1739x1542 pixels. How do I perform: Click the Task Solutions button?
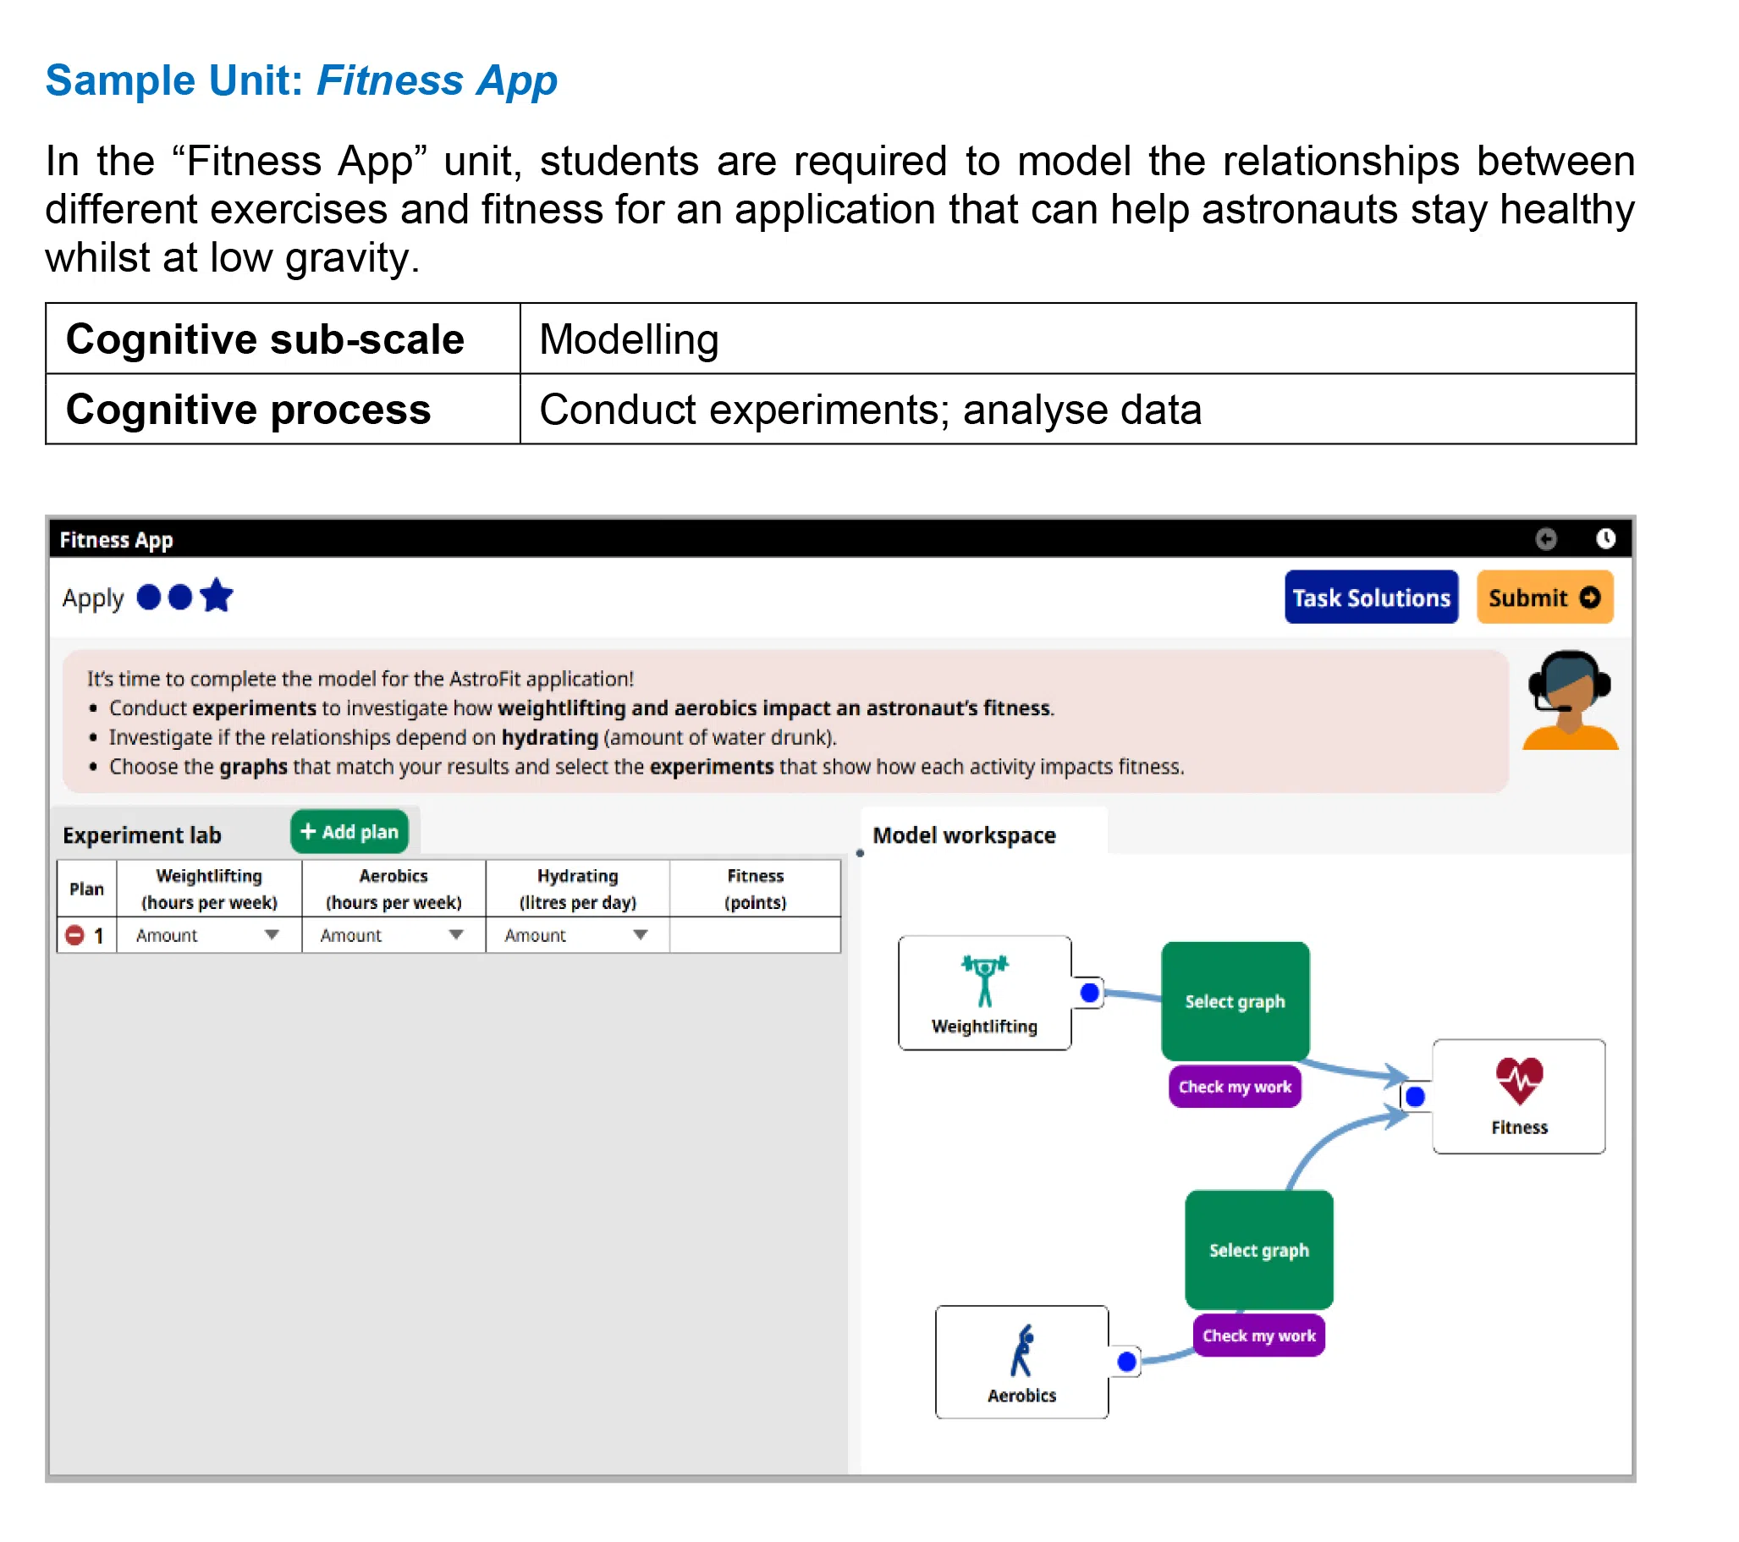pos(1371,598)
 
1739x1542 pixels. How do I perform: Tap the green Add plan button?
pos(349,831)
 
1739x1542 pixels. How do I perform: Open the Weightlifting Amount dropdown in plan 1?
pos(208,935)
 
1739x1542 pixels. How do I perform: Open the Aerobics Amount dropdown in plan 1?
pos(393,935)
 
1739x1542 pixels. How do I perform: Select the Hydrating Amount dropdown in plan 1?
pos(577,935)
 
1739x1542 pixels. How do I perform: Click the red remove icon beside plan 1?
pos(74,935)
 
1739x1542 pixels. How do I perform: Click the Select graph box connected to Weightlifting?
pos(1235,1000)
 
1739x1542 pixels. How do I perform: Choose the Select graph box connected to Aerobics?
pos(1258,1249)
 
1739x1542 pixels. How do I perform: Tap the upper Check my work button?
pos(1235,1087)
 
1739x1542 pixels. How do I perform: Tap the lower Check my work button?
pos(1258,1335)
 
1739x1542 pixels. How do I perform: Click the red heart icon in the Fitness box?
pos(1520,1080)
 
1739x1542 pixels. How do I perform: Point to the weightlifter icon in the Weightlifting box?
pos(984,980)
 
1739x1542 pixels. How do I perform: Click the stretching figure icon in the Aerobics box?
pos(1021,1351)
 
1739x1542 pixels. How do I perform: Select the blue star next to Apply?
pos(217,596)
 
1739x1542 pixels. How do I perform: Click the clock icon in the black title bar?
pos(1604,538)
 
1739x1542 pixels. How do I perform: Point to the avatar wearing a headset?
pos(1569,701)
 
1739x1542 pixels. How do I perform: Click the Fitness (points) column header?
pos(755,889)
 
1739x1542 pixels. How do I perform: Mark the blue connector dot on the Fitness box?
pos(1415,1096)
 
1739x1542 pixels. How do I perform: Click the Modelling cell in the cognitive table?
pos(1077,339)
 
